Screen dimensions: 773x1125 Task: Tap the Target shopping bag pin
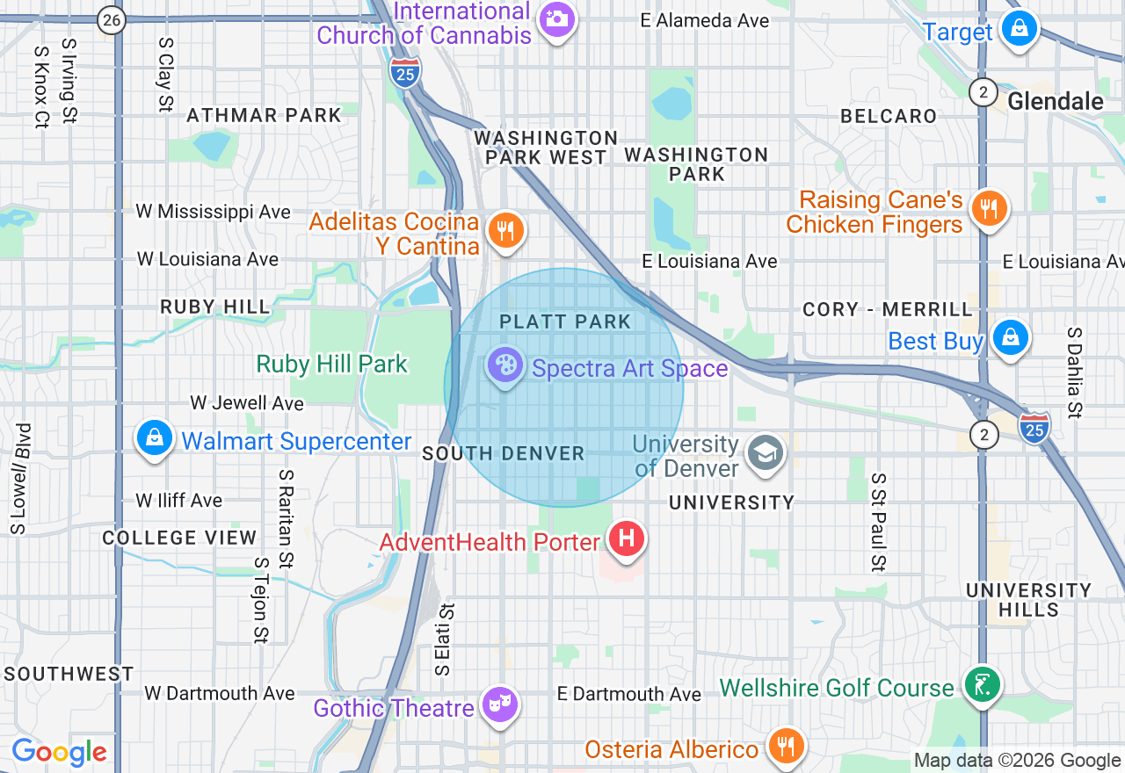pyautogui.click(x=1019, y=29)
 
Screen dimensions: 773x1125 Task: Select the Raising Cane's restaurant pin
pyautogui.click(x=989, y=209)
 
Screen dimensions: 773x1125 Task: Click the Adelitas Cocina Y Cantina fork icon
pyautogui.click(x=504, y=230)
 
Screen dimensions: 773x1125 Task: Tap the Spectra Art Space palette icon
pyautogui.click(x=505, y=365)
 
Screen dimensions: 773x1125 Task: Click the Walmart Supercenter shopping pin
pyautogui.click(x=155, y=437)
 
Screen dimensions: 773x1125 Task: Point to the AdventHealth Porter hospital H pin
pyautogui.click(x=626, y=537)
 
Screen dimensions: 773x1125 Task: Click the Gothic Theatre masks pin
pyautogui.click(x=499, y=704)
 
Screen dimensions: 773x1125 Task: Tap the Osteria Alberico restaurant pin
pyautogui.click(x=786, y=746)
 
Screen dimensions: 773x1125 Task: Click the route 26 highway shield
pyautogui.click(x=111, y=19)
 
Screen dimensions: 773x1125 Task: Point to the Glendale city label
pyautogui.click(x=1055, y=101)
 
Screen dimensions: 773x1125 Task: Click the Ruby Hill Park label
pyautogui.click(x=332, y=364)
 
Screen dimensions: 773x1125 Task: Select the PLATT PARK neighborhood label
pyautogui.click(x=565, y=321)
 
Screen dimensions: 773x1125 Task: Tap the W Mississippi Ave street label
pyautogui.click(x=213, y=212)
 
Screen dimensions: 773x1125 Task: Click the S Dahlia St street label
pyautogui.click(x=1074, y=372)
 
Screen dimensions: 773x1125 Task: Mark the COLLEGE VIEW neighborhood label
pyautogui.click(x=179, y=538)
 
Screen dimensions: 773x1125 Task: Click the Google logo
pyautogui.click(x=58, y=752)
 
